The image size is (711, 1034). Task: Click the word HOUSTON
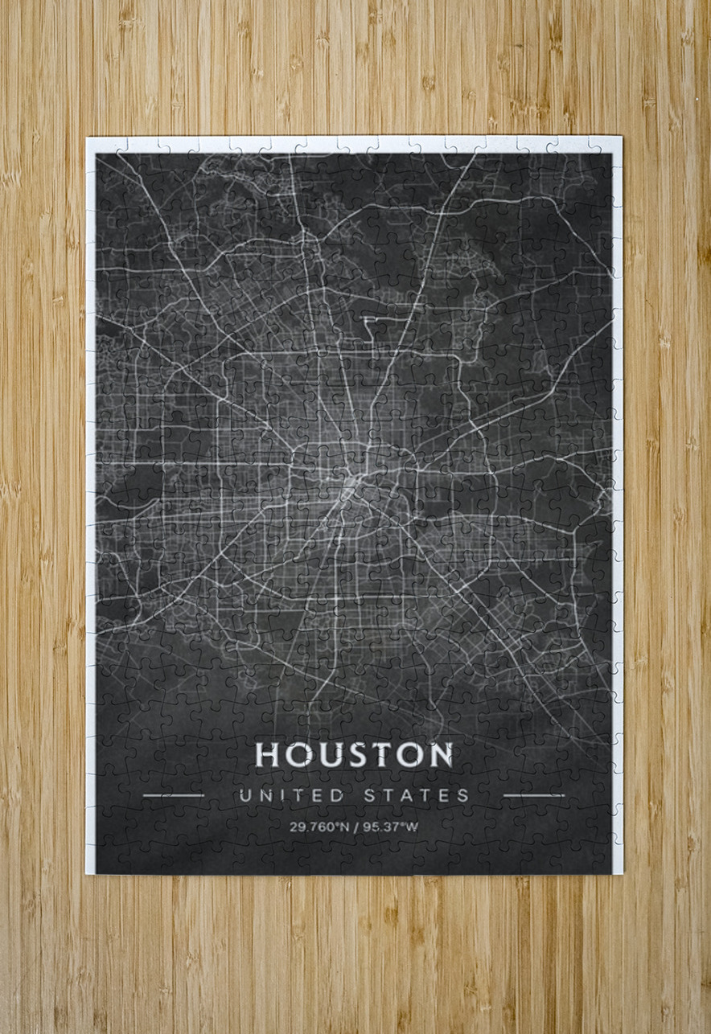(x=354, y=755)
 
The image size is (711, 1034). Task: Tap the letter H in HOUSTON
(x=268, y=755)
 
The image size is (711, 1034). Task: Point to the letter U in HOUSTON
(x=327, y=755)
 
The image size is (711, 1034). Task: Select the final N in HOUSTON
(x=439, y=755)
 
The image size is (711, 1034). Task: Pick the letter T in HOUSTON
(x=382, y=755)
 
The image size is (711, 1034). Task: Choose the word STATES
(x=417, y=796)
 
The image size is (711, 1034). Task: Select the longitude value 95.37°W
(x=390, y=827)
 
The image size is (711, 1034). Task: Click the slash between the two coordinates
(x=355, y=827)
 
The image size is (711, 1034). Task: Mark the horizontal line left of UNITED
(x=173, y=795)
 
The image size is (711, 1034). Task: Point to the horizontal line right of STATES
(x=533, y=795)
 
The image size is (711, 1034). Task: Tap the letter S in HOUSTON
(x=356, y=755)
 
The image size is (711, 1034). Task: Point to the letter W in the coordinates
(x=412, y=827)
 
